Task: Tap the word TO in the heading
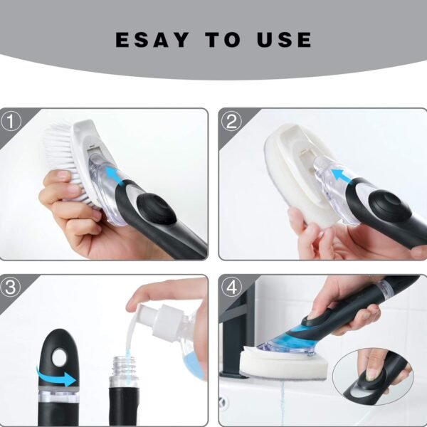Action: (x=224, y=40)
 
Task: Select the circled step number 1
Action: (x=10, y=121)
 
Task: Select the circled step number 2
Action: (x=229, y=121)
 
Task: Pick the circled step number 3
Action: (x=10, y=288)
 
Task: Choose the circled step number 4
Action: (x=229, y=288)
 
